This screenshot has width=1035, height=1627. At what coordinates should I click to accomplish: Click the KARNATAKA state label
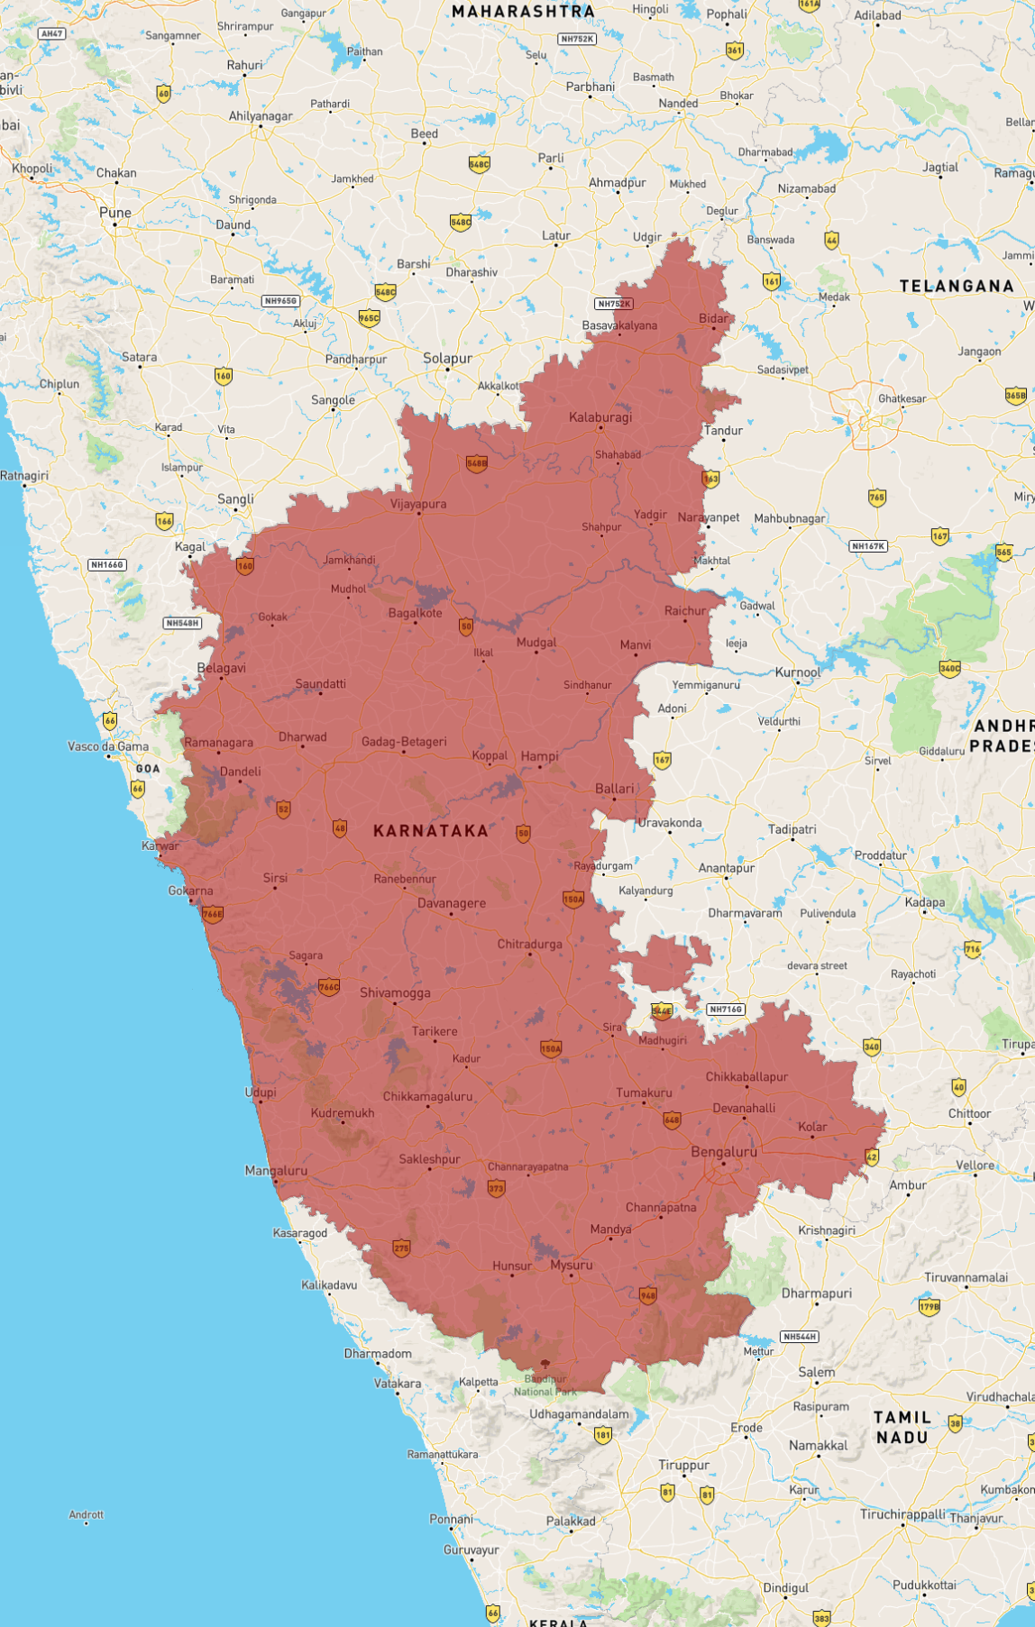pos(431,830)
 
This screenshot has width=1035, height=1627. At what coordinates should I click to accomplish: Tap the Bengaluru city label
pos(723,1152)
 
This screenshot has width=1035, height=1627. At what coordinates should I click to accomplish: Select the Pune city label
pos(115,213)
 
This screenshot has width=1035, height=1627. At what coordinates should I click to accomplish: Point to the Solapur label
pos(447,358)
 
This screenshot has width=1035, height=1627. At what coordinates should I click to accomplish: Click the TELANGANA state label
pos(956,286)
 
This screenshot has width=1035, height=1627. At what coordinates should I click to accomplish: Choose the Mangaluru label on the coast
pos(276,1170)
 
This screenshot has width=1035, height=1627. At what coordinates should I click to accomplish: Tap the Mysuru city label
pos(572,1265)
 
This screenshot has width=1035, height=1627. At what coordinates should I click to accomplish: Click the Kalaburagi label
pos(600,417)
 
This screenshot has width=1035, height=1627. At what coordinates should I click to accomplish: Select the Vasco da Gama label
pos(108,746)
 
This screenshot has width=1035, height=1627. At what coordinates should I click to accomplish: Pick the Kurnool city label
pos(797,672)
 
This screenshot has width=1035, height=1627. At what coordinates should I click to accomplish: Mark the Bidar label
pos(713,318)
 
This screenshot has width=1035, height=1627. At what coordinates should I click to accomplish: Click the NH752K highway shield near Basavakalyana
pos(614,304)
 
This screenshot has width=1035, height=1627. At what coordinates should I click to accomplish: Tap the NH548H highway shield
pos(182,623)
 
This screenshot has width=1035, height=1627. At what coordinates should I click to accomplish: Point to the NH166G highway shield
pos(106,564)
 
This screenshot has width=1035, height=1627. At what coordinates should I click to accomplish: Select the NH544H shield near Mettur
pos(799,1337)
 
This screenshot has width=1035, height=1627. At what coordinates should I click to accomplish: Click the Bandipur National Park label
pos(545,1385)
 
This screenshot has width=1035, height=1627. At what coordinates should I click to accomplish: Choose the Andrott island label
pos(87,1514)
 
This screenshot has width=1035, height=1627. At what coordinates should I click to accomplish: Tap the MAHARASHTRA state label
pos(523,12)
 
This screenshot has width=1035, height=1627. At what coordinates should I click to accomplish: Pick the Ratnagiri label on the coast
pos(24,475)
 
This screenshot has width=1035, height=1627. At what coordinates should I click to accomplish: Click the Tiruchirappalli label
pos(902,1514)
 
